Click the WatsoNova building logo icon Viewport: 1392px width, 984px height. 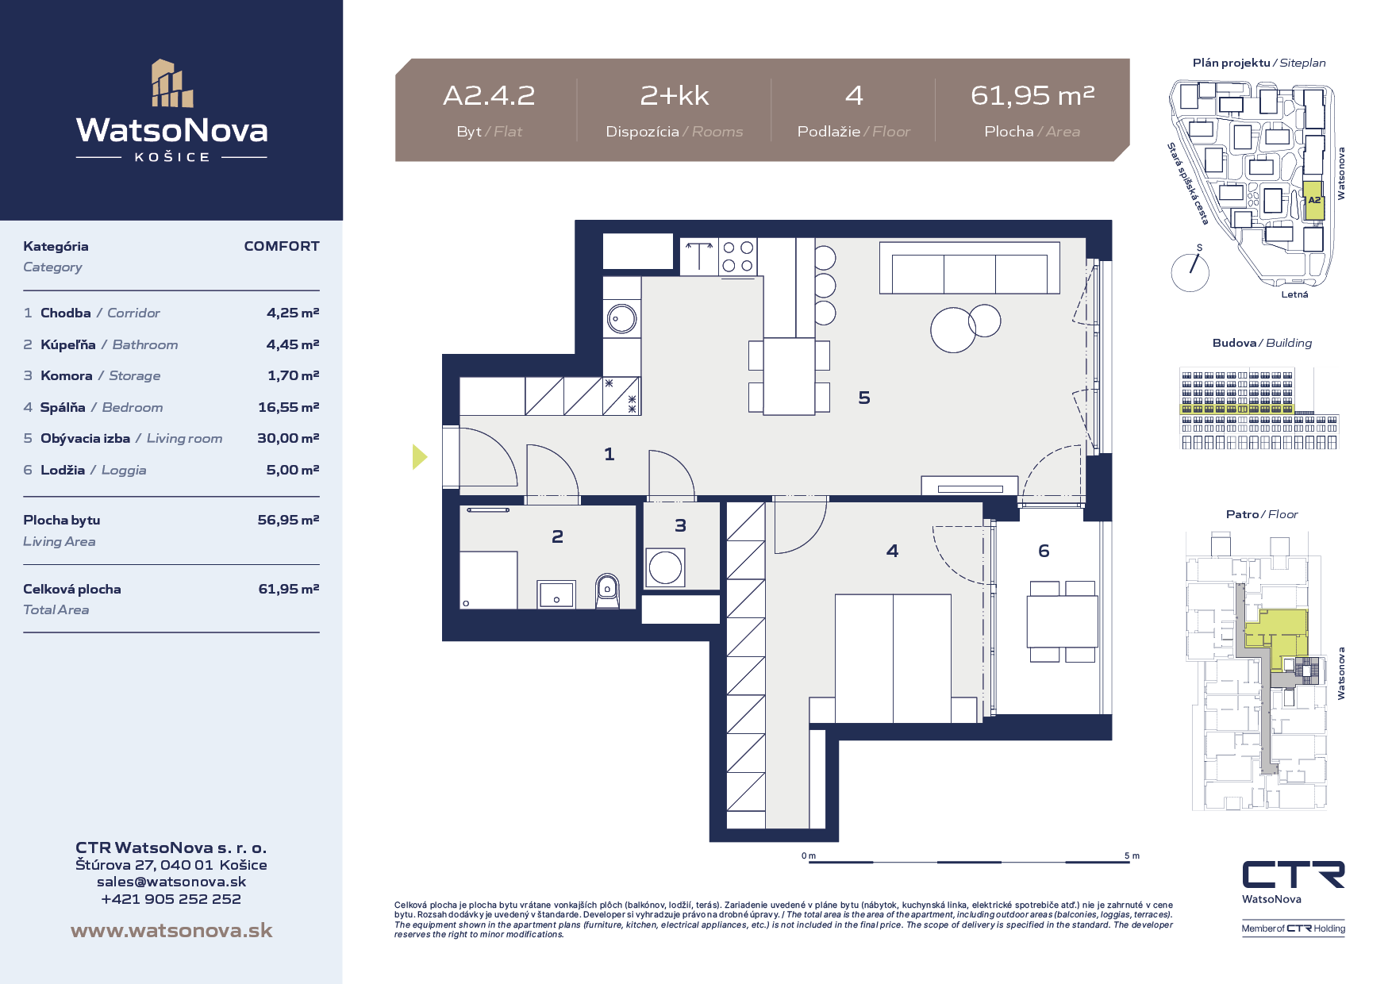coord(172,83)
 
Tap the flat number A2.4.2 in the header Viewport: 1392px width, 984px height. coord(489,96)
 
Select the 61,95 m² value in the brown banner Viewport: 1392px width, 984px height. coord(1032,96)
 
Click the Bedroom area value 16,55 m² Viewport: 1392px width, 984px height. coord(288,407)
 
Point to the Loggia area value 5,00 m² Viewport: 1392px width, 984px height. coord(292,470)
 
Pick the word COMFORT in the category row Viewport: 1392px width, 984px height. coord(282,246)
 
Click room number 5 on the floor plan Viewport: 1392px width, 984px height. coord(864,398)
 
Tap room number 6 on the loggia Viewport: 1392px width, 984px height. coord(1044,551)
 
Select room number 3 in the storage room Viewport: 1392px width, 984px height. coord(680,525)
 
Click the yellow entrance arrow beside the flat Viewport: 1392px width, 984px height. coord(420,456)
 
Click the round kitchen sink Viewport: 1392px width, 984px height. coord(621,319)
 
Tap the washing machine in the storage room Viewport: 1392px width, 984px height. coord(665,567)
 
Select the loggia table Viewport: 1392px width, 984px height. coord(1063,621)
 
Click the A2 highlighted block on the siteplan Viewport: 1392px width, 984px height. coord(1314,201)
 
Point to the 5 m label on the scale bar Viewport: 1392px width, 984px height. coord(1132,855)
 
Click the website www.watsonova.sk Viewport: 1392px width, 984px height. coord(171,931)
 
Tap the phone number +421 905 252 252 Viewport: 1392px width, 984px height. coord(171,899)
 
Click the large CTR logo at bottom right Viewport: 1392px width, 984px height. coord(1294,874)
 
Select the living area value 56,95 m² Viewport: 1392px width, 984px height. coord(288,520)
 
